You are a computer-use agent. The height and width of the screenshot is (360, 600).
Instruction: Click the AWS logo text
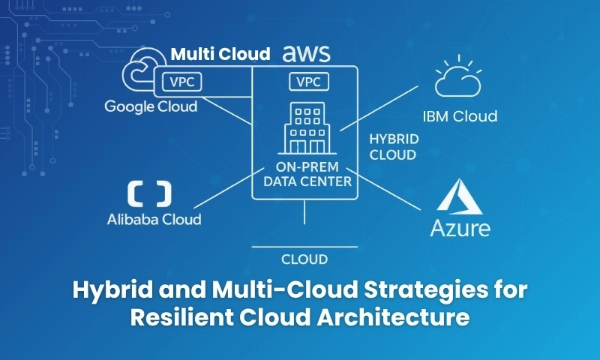coord(306,54)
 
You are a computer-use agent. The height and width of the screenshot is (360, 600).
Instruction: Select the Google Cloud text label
coord(151,106)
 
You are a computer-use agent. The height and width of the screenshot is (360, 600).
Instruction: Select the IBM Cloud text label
coord(460,116)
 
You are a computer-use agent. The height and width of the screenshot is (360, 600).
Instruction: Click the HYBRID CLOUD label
coord(394,148)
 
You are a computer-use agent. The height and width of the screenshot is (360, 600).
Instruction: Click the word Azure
coord(460,228)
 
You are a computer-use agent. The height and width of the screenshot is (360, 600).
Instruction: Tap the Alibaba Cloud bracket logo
coord(148,193)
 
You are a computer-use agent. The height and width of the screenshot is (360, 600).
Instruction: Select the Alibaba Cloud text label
coord(154,220)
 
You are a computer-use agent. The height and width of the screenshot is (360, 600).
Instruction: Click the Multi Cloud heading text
coord(220,54)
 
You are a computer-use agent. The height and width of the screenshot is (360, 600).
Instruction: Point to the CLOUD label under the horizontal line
coord(304,259)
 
